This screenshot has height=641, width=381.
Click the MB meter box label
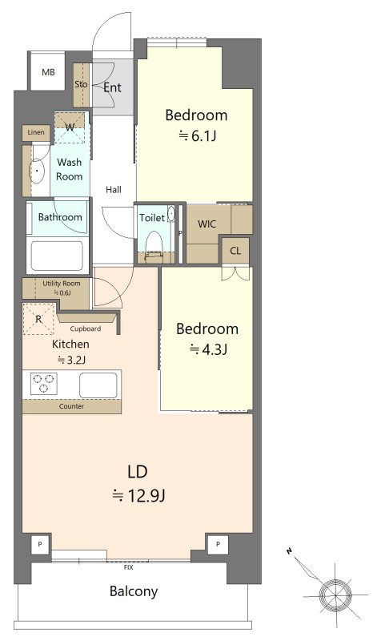coord(48,72)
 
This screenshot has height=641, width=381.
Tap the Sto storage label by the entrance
coord(81,84)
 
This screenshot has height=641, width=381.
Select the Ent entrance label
coord(112,87)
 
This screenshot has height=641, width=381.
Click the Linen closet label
coord(36,132)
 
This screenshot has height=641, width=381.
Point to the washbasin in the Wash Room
coord(37,170)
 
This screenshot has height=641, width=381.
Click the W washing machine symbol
coord(70,127)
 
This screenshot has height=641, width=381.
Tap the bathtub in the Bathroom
coord(57,256)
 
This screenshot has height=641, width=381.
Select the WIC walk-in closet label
coord(207,224)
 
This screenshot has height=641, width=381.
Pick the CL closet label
coord(235,251)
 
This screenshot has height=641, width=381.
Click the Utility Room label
coord(62,284)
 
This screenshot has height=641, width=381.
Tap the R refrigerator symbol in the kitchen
coord(38,319)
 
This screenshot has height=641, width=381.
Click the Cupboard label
coord(86,329)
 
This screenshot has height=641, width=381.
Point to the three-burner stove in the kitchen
coord(44,384)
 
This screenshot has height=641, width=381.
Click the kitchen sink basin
coord(98,385)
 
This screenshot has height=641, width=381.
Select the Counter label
coord(71,406)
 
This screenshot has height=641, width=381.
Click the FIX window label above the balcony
coord(128,567)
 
